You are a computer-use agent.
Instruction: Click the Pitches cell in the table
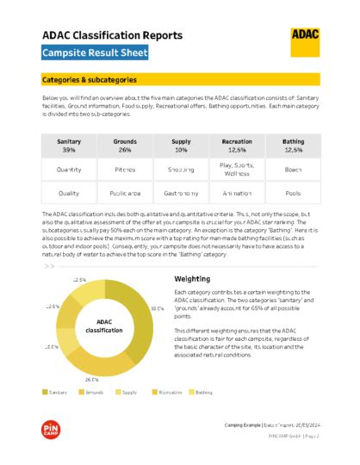click(125, 170)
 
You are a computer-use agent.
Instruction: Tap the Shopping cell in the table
click(181, 170)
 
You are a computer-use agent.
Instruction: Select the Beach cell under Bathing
click(293, 170)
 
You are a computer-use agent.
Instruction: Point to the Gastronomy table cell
click(181, 194)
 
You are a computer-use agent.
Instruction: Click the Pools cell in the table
click(293, 194)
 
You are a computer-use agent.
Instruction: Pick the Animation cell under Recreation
click(237, 194)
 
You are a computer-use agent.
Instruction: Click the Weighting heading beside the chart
click(191, 279)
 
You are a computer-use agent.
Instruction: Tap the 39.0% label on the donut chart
click(157, 307)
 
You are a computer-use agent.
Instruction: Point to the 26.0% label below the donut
click(91, 378)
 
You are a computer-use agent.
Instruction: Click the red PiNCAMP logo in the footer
click(50, 430)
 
